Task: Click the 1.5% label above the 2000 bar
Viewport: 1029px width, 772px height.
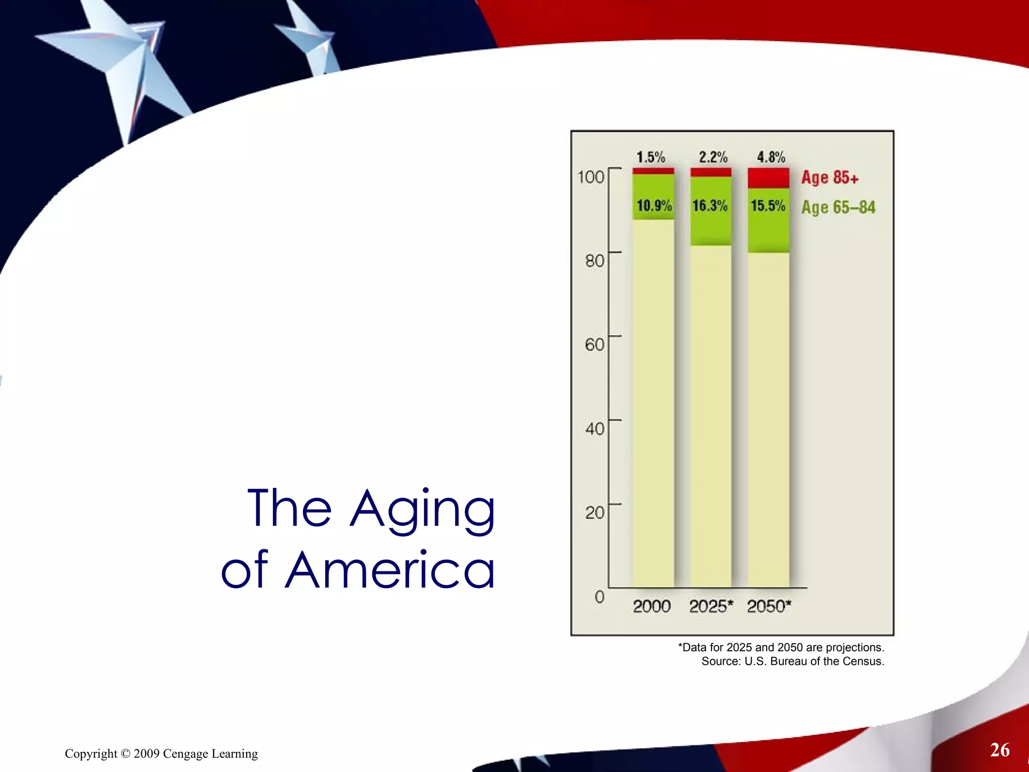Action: pyautogui.click(x=651, y=157)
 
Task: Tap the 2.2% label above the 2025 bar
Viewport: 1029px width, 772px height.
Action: pyautogui.click(x=713, y=157)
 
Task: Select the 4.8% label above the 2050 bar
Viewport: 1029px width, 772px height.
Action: pyautogui.click(x=771, y=157)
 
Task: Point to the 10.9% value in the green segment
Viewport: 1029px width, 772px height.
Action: pyautogui.click(x=654, y=206)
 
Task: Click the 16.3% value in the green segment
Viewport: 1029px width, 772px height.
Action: pyautogui.click(x=710, y=206)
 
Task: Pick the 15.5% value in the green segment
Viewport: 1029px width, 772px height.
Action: pyautogui.click(x=768, y=206)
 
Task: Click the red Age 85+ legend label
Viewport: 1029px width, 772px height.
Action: pyautogui.click(x=830, y=177)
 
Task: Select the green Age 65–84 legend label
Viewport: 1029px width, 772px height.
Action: pyautogui.click(x=838, y=207)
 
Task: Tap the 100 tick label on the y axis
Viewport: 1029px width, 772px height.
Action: pyautogui.click(x=591, y=177)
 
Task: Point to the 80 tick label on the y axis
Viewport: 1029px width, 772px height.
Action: pyautogui.click(x=594, y=261)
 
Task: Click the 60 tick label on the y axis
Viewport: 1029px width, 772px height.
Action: pyautogui.click(x=594, y=345)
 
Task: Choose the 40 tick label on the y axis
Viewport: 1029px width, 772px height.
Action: pyautogui.click(x=594, y=429)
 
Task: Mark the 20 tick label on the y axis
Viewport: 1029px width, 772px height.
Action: pyautogui.click(x=594, y=513)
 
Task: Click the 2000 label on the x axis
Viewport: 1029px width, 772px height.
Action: pyautogui.click(x=652, y=607)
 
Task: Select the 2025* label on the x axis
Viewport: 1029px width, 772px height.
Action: pyautogui.click(x=711, y=607)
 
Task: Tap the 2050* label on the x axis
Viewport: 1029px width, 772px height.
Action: pyautogui.click(x=769, y=607)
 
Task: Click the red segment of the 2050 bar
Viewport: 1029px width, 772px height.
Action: pyautogui.click(x=768, y=178)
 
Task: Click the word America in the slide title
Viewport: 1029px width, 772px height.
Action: pyautogui.click(x=390, y=570)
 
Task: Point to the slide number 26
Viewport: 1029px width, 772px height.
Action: pyautogui.click(x=1000, y=750)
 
